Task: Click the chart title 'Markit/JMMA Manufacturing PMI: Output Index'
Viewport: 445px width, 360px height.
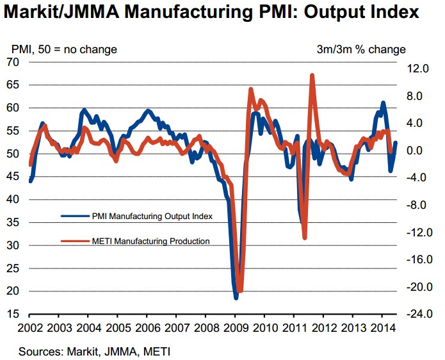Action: pos(214,13)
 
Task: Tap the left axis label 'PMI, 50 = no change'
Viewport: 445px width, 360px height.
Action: pos(64,49)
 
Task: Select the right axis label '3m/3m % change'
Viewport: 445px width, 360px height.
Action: pos(361,49)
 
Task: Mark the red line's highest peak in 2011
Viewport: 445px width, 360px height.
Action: pos(312,76)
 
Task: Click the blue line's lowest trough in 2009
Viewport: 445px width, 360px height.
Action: pos(236,298)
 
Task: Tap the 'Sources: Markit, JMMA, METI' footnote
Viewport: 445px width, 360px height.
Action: pos(94,351)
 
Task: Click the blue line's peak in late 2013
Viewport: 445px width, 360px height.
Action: pos(383,102)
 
